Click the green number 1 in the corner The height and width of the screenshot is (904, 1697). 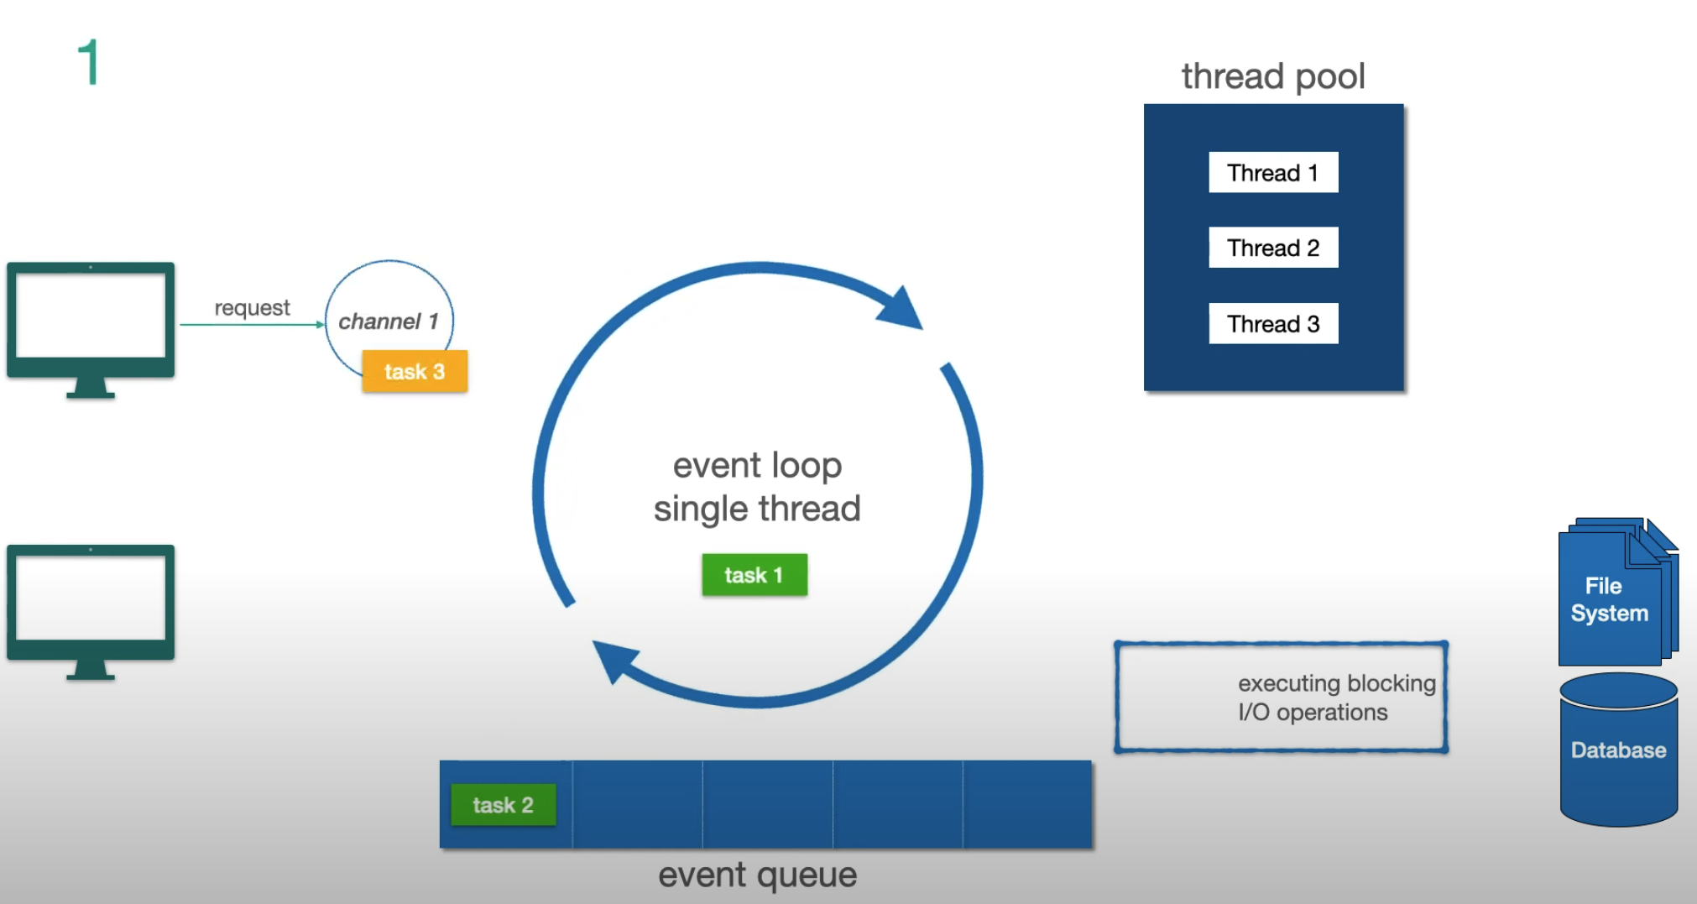pos(89,62)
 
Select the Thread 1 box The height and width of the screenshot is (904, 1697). pos(1272,172)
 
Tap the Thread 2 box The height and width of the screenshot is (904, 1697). pos(1272,248)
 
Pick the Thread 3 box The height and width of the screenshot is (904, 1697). pos(1272,323)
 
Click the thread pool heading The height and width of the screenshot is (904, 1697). pos(1272,76)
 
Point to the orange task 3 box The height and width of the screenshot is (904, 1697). pos(415,371)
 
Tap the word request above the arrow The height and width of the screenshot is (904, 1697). pos(252,307)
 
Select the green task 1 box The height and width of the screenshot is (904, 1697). pos(754,575)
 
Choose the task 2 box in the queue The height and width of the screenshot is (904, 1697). pos(503,805)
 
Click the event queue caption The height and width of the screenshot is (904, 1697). pos(757,875)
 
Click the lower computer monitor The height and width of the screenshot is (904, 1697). pos(91,604)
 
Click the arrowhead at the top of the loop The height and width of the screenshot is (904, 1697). pos(901,309)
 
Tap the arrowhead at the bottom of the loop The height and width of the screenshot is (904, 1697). pos(614,659)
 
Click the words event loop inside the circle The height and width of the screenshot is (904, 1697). pos(757,465)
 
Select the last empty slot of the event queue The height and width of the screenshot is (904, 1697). pos(1027,804)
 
